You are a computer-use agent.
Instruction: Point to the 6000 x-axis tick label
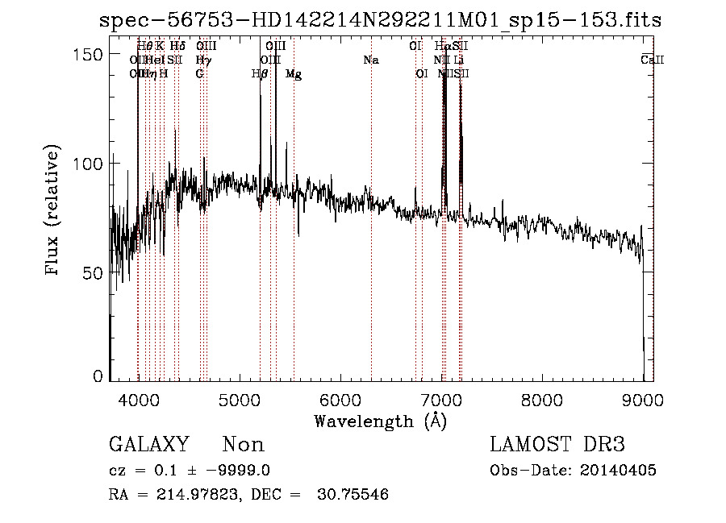coord(340,400)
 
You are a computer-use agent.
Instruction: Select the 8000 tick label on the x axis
coord(542,400)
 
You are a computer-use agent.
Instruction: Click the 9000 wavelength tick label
coord(643,400)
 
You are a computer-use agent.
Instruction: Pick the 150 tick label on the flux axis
coord(88,54)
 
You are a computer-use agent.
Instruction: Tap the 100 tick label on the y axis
coord(88,164)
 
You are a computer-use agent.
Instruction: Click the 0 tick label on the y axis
coord(98,376)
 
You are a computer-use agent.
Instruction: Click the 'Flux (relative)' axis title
coord(54,211)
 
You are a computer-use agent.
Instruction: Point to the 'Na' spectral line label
coord(371,60)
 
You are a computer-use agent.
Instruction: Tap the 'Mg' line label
coord(294,74)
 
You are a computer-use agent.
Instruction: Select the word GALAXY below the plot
coord(148,445)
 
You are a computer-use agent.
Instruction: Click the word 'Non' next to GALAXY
coord(243,445)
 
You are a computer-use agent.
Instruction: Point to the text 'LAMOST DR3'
coord(557,445)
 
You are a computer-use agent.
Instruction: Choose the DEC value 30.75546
coord(355,495)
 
